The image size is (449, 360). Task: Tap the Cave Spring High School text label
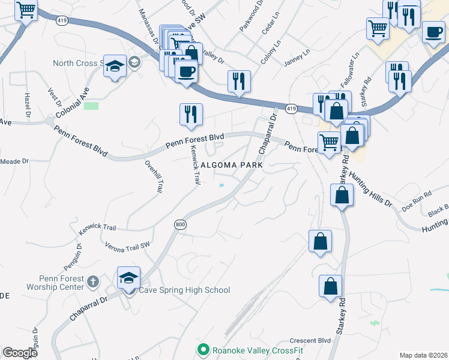click(184, 290)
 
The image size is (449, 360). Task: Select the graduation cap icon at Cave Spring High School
click(129, 278)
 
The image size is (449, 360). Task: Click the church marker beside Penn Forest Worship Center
click(93, 281)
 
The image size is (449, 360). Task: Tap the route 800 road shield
click(180, 224)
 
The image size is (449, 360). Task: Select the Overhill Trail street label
click(152, 176)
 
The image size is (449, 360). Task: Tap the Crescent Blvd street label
click(310, 340)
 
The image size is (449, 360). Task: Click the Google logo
click(20, 352)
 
